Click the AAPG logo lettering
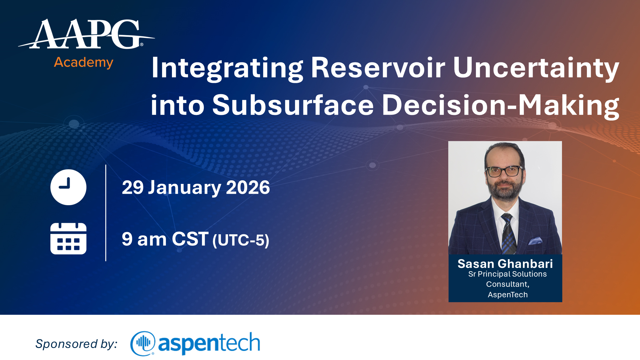pyautogui.click(x=86, y=34)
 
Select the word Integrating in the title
pyautogui.click(x=227, y=69)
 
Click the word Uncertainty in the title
pyautogui.click(x=536, y=69)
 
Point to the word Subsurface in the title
pyautogui.click(x=293, y=105)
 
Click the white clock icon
pyautogui.click(x=68, y=187)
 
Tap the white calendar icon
pyautogui.click(x=68, y=238)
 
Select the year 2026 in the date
pyautogui.click(x=248, y=187)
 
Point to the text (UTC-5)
pyautogui.click(x=241, y=240)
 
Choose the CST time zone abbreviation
pyautogui.click(x=190, y=239)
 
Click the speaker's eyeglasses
pyautogui.click(x=504, y=171)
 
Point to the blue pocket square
pyautogui.click(x=535, y=241)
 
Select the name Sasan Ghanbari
pyautogui.click(x=505, y=264)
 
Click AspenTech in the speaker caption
pyautogui.click(x=508, y=295)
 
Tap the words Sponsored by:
pyautogui.click(x=76, y=344)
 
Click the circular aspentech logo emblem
pyautogui.click(x=143, y=343)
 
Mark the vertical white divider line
pyautogui.click(x=106, y=213)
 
